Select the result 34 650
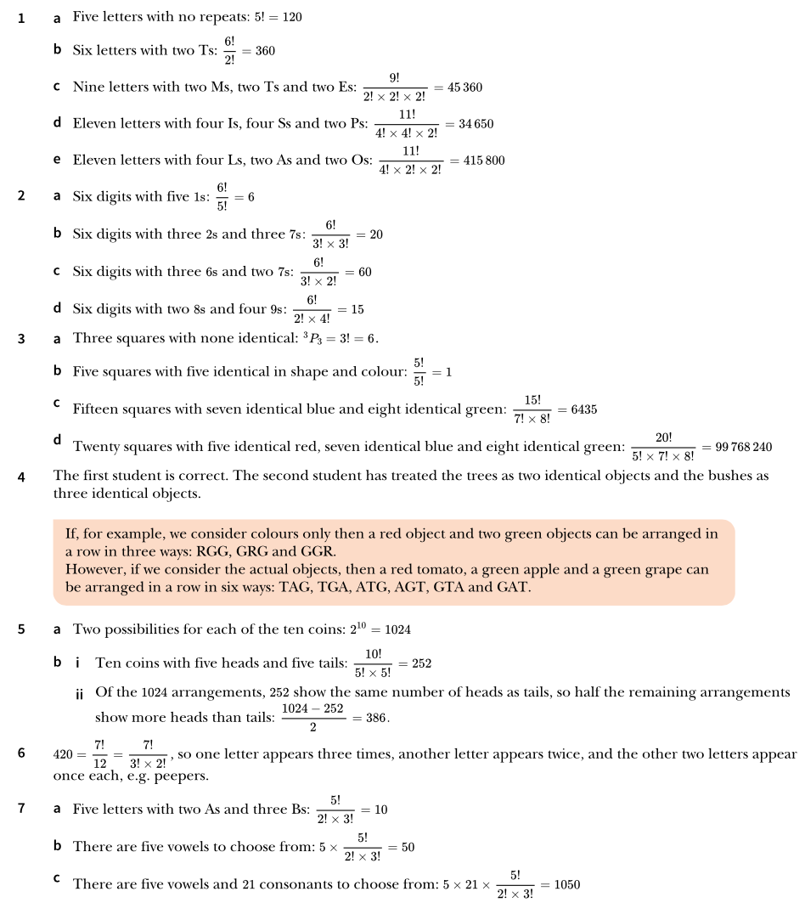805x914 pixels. click(x=476, y=124)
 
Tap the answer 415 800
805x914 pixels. click(x=484, y=160)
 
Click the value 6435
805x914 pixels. click(x=583, y=409)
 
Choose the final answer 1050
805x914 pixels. click(x=566, y=884)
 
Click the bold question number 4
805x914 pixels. click(x=22, y=477)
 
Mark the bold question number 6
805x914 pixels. click(x=22, y=753)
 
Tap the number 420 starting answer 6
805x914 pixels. click(x=64, y=754)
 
